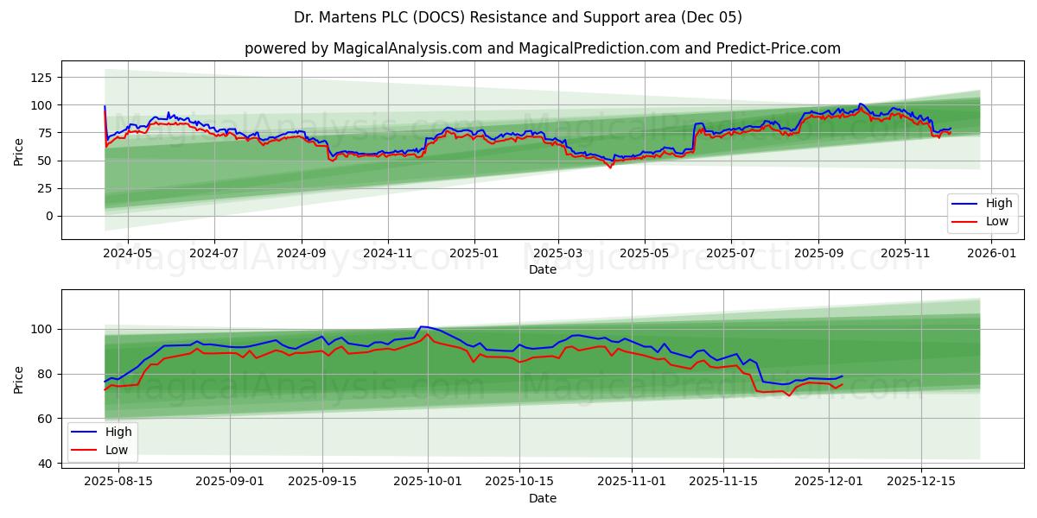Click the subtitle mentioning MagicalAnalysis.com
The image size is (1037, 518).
(x=542, y=48)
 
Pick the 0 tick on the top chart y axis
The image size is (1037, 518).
(x=48, y=216)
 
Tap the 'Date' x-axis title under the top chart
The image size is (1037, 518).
(x=542, y=269)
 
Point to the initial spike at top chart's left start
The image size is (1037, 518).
(x=105, y=106)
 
